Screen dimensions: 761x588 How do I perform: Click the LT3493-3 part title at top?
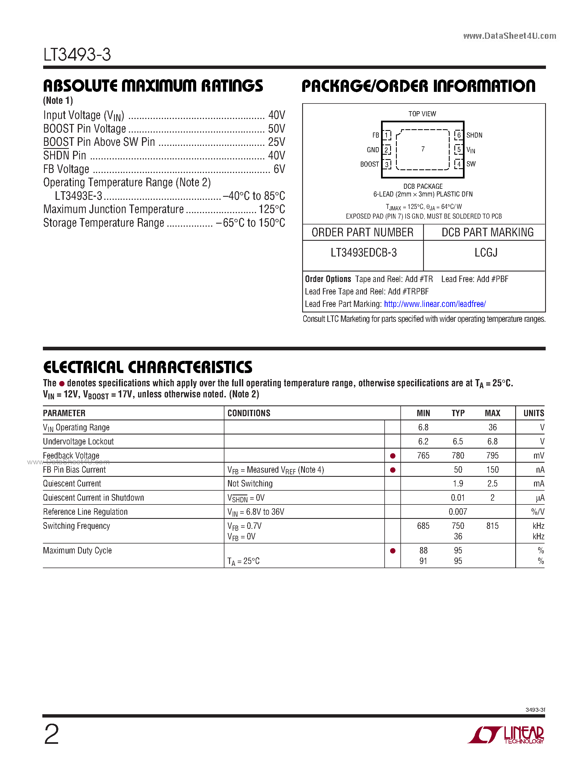[77, 55]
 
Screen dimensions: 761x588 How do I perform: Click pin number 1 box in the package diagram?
[387, 135]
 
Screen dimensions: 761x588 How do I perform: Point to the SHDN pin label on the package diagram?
[474, 135]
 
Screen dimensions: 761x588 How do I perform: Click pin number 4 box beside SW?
[459, 164]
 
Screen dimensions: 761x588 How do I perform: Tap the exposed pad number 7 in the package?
[423, 149]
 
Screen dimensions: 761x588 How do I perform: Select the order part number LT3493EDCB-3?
[363, 253]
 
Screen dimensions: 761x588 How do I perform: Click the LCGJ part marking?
[486, 253]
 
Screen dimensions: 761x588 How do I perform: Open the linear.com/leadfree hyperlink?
[435, 304]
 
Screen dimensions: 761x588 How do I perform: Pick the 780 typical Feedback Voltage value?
[458, 456]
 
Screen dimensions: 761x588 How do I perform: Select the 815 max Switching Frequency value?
[492, 526]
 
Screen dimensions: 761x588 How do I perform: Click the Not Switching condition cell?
[250, 484]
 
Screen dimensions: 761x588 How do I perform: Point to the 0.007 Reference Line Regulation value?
[458, 512]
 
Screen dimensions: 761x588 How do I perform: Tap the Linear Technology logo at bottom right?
[506, 735]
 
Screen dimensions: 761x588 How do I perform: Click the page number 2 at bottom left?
[51, 734]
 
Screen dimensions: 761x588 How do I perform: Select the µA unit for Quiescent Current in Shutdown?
[540, 498]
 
